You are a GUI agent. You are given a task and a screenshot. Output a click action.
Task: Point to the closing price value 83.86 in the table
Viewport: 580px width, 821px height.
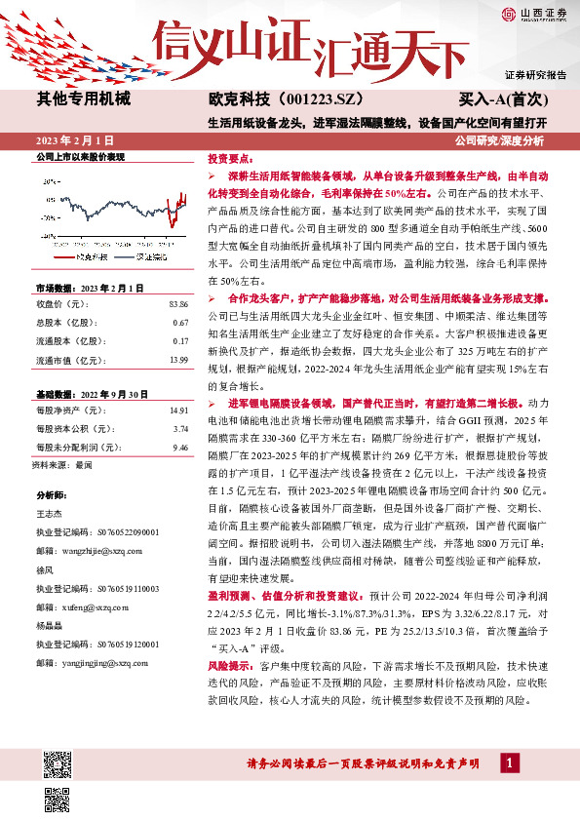tap(177, 305)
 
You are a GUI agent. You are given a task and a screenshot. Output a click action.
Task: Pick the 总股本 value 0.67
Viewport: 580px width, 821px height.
tap(180, 323)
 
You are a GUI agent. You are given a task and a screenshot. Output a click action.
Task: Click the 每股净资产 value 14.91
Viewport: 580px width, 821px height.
tap(177, 410)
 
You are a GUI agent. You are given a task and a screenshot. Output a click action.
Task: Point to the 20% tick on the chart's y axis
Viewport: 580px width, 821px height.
tap(50, 182)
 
